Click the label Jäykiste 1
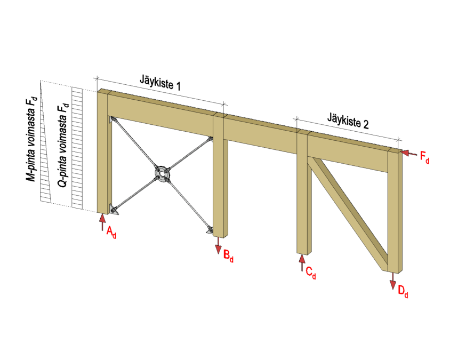pos(160,82)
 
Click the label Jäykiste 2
pos(348,121)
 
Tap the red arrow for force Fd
pos(408,153)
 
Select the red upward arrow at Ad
pos(102,222)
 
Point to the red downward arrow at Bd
pos(219,245)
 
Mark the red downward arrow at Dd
pos(392,281)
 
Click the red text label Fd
pos(425,157)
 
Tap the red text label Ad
pos(111,232)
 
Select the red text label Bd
pos(228,256)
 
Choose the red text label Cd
pos(311,273)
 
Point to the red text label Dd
pos(403,292)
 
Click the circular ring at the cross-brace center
pos(163,173)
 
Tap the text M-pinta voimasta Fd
pos(31,139)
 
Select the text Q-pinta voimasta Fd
pos(63,145)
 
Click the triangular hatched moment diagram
pos(46,143)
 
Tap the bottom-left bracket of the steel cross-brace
pos(114,210)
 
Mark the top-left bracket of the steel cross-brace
pos(111,119)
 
